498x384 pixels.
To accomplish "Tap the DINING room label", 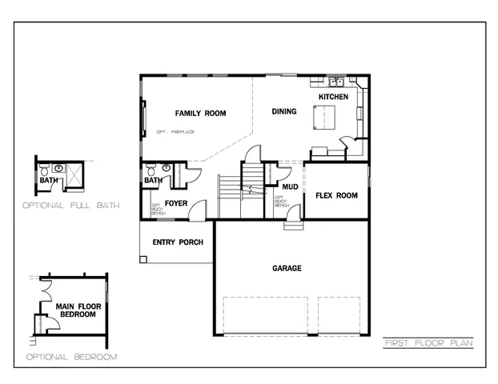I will click(x=283, y=111).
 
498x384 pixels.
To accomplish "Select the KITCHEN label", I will click(x=333, y=97).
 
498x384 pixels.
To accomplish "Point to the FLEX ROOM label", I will click(x=336, y=195).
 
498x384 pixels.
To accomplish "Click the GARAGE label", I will click(x=287, y=268).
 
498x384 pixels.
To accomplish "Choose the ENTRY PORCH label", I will click(x=177, y=242).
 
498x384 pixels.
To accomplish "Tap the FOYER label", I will click(x=176, y=204).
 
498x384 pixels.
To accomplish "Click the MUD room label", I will click(x=290, y=187).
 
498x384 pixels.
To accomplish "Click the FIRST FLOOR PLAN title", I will click(x=428, y=343).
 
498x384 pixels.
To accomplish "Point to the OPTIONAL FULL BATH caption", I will click(x=71, y=206).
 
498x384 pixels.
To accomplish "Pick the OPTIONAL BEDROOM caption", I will click(x=71, y=356).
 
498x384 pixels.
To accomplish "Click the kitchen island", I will click(x=324, y=118).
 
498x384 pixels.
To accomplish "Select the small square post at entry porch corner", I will click(x=143, y=259).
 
